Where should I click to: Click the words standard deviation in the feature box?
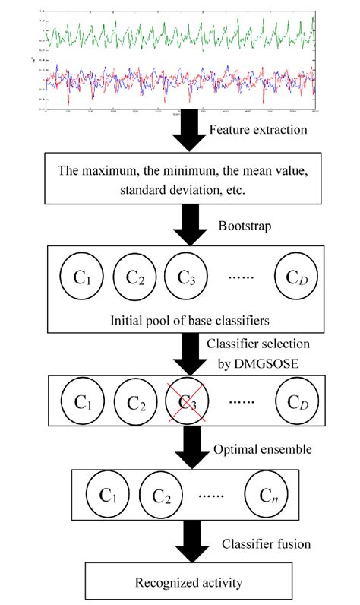[x=156, y=188]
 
